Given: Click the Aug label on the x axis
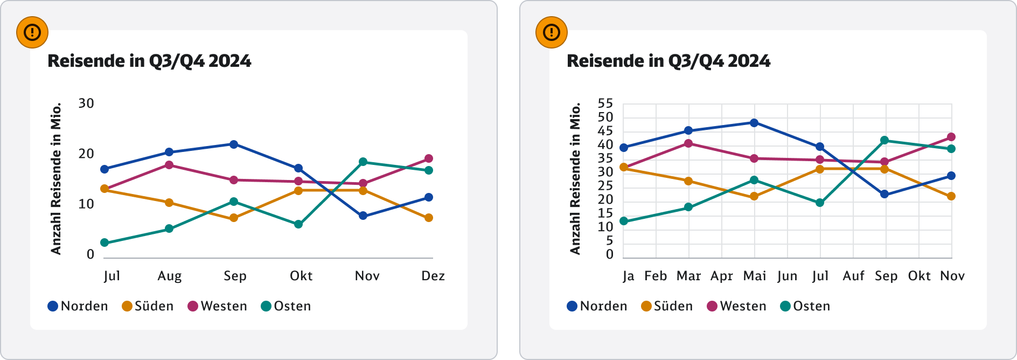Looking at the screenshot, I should tap(169, 276).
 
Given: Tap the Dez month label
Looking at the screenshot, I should tap(433, 276).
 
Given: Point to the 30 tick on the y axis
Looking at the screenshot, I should tap(86, 103).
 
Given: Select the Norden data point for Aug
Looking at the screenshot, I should tap(169, 153).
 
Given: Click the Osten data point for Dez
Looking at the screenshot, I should tap(429, 170).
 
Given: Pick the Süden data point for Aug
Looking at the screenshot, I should tap(169, 203).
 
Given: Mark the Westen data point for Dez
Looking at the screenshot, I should tap(429, 158).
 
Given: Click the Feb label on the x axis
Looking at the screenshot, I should tap(656, 276).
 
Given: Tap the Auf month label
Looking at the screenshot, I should tap(853, 276).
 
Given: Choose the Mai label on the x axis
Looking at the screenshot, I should tap(754, 276).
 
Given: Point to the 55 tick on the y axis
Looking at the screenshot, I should tap(605, 103).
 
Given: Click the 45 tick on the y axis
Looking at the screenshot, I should tap(605, 131).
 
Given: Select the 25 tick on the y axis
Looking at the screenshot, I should tap(605, 186).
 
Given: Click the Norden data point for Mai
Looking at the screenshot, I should tap(754, 123).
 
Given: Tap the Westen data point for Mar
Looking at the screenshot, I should tap(688, 143).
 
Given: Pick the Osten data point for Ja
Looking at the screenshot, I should tap(624, 221).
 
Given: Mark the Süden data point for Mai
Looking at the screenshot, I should tap(754, 196).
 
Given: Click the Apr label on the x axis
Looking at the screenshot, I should tap(721, 276).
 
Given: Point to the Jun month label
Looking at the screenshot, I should tap(787, 276).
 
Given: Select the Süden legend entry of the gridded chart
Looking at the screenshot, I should tap(666, 306).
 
